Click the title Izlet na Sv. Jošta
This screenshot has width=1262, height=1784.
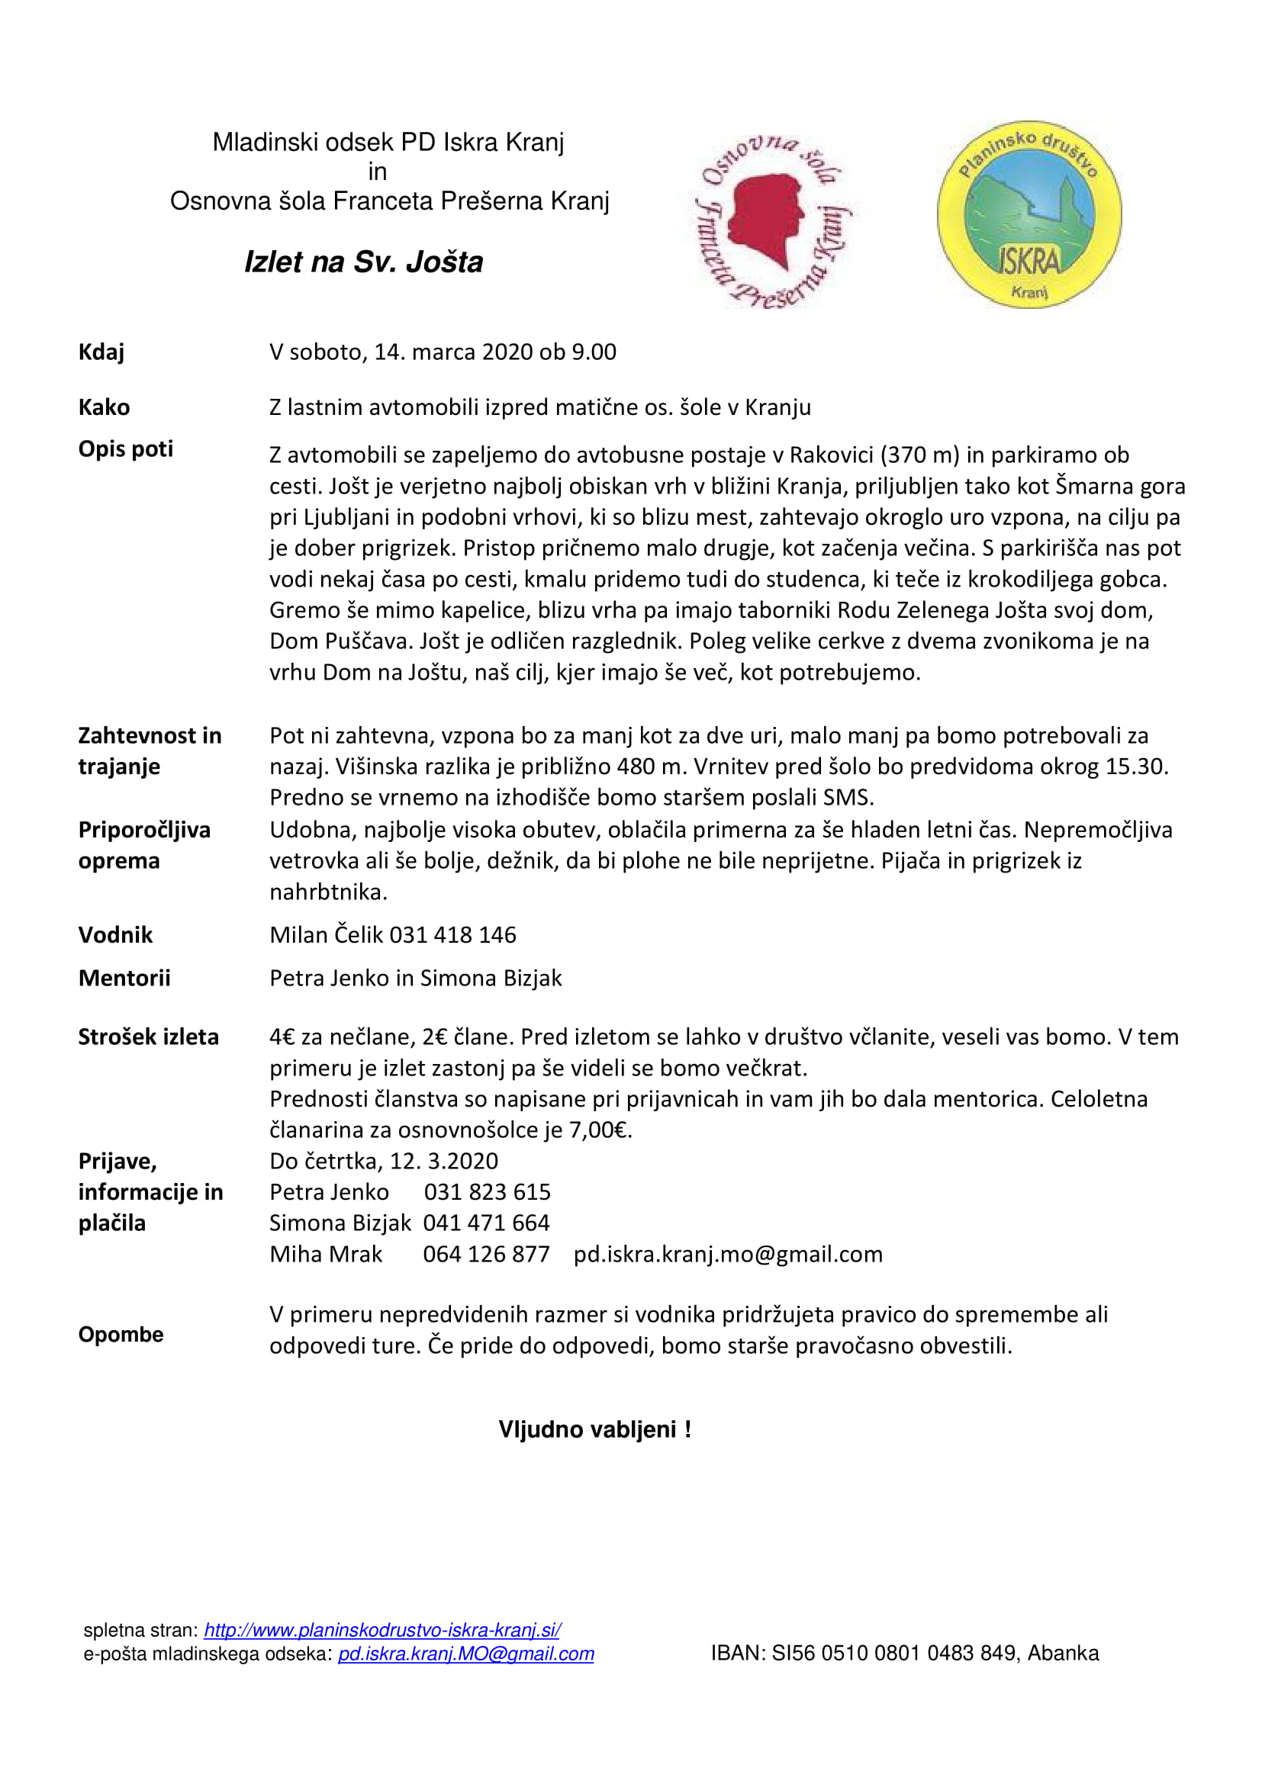point(363,262)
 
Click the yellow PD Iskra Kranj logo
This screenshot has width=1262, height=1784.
point(1029,214)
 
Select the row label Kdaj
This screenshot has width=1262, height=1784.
point(101,352)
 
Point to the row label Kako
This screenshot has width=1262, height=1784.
point(104,407)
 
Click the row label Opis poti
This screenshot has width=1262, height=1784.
point(125,449)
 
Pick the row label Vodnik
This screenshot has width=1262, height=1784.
point(115,935)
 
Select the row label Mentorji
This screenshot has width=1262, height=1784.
point(124,979)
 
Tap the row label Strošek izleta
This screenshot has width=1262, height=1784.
point(148,1037)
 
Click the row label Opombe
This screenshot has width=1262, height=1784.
point(121,1334)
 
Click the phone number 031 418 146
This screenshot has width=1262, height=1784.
point(452,935)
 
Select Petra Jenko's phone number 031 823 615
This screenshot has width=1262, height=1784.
point(488,1192)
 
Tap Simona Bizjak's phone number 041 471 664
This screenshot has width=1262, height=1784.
point(487,1223)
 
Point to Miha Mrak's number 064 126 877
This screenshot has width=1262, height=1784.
point(487,1254)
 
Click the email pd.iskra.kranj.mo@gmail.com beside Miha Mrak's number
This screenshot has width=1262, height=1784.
point(727,1254)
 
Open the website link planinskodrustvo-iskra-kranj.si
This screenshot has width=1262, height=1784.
point(381,1630)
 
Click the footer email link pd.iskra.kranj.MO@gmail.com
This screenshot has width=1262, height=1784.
point(465,1654)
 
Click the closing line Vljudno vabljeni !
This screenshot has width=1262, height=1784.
point(594,1429)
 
